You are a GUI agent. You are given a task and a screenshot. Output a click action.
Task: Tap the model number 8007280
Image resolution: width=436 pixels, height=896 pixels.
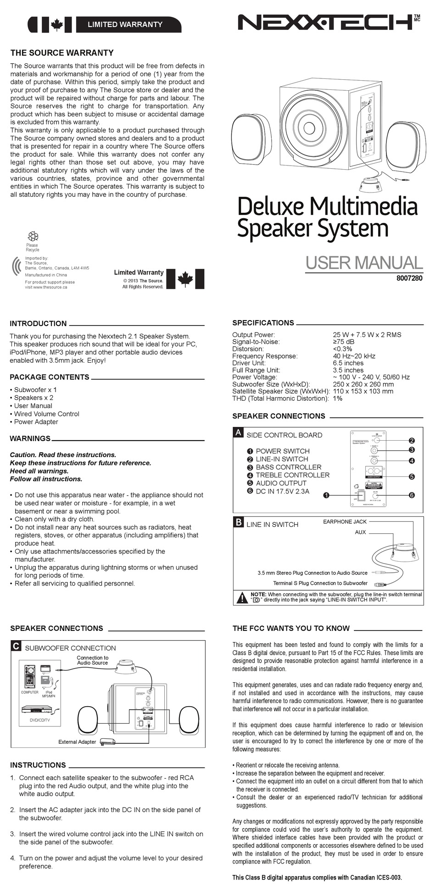coord(409,278)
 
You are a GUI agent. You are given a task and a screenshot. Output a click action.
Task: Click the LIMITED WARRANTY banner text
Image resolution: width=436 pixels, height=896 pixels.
coord(125,24)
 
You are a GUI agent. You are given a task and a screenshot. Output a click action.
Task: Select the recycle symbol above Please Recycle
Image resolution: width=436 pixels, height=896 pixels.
coord(33,236)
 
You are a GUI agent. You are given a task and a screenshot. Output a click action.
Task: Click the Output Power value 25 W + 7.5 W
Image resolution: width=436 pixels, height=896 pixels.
coord(367,335)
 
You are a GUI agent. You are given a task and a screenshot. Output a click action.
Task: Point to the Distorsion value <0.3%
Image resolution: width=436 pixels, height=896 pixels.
coord(342,349)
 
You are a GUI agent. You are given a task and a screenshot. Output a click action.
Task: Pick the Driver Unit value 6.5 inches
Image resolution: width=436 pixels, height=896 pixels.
coord(348,363)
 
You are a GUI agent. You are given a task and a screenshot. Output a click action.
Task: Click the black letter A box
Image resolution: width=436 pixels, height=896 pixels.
coord(238,432)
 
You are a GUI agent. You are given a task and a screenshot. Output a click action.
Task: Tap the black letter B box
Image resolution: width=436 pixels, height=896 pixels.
coord(238,522)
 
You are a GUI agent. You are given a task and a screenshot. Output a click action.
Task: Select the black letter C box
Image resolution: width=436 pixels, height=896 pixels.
coord(16,646)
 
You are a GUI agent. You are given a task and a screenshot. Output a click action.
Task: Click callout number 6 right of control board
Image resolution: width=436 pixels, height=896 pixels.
coord(412,495)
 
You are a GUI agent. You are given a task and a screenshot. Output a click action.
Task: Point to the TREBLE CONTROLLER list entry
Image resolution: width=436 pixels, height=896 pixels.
coord(292,475)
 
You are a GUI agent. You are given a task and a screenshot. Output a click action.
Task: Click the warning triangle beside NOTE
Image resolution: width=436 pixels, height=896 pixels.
coord(242,597)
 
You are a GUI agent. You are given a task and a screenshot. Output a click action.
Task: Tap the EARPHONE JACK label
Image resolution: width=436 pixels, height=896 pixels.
coord(345,522)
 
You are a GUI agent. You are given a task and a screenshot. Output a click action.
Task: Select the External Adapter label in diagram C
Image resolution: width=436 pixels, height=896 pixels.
coord(77,741)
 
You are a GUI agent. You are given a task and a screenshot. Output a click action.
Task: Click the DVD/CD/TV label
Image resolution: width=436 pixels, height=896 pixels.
coord(40,720)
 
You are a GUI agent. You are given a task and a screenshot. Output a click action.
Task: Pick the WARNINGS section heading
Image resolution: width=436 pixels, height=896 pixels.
coord(30,438)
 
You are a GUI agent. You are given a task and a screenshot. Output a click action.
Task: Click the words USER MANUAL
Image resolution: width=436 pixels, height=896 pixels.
coord(363,263)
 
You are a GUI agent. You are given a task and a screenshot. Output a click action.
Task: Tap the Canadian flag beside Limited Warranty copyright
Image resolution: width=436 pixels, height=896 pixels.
coord(185,279)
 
